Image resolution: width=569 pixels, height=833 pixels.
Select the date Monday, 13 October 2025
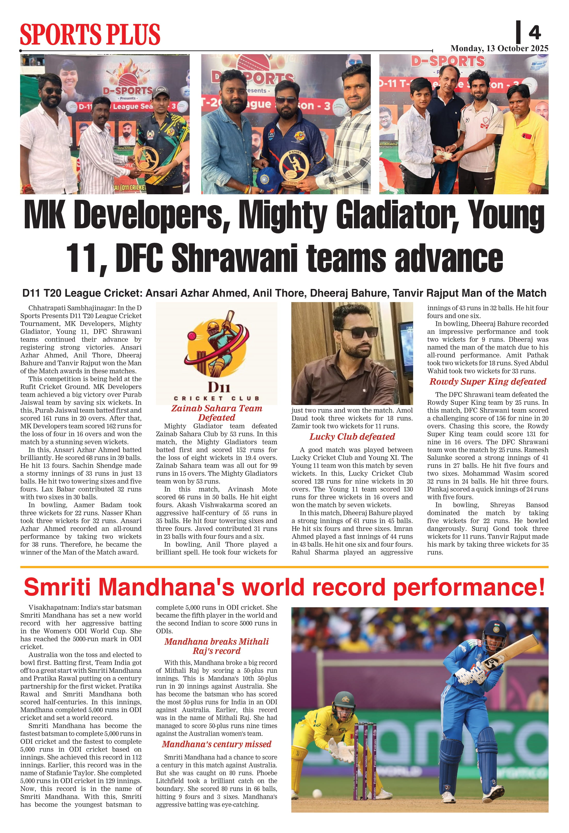pos(499,48)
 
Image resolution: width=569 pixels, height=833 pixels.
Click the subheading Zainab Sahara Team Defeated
pos(217,413)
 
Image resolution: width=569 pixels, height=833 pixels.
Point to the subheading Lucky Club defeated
pos(352,436)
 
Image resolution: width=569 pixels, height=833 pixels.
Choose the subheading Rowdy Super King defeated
pos(488,382)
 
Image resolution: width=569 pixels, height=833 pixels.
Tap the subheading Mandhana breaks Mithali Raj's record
pos(217,646)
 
